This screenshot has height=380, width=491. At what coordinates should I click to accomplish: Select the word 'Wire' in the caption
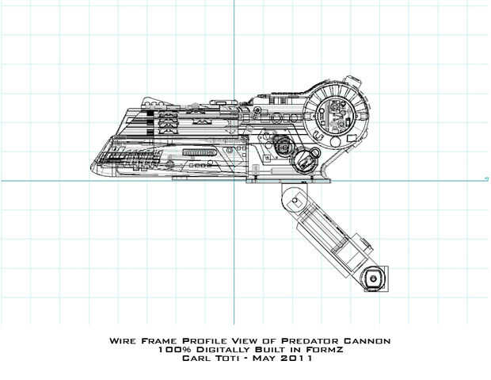pos(123,340)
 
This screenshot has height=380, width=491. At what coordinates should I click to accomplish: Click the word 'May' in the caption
pos(268,358)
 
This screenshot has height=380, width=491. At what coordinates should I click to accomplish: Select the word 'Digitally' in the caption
pos(216,349)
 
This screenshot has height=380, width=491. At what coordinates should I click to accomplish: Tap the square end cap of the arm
pos(375,278)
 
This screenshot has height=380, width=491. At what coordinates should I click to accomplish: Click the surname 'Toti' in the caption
pos(233,358)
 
